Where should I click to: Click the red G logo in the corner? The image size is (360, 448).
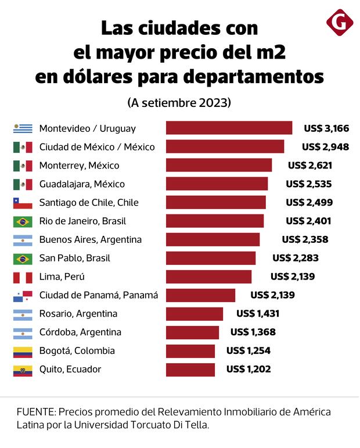pyautogui.click(x=340, y=24)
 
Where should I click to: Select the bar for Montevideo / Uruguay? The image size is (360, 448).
pyautogui.click(x=229, y=128)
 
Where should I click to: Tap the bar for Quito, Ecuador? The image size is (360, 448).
pyautogui.click(x=190, y=369)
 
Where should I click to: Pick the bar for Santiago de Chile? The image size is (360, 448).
pyautogui.click(x=215, y=203)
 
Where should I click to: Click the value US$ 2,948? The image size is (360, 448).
pyautogui.click(x=325, y=146)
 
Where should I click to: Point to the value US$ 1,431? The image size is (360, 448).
pyautogui.click(x=258, y=314)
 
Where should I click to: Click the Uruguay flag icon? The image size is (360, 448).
pyautogui.click(x=23, y=128)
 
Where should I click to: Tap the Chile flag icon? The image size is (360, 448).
pyautogui.click(x=23, y=203)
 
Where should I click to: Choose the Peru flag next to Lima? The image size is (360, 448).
pyautogui.click(x=23, y=277)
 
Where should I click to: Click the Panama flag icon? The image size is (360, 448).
pyautogui.click(x=23, y=295)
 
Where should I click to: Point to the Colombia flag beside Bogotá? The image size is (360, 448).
pyautogui.click(x=23, y=351)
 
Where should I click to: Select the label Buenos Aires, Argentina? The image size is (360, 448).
pyautogui.click(x=91, y=239)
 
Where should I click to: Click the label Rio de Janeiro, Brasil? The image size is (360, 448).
pyautogui.click(x=82, y=221)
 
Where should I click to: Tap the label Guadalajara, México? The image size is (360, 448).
pyautogui.click(x=82, y=184)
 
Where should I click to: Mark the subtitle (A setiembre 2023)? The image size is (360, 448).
pyautogui.click(x=179, y=103)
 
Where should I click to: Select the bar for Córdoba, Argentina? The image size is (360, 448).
pyautogui.click(x=192, y=332)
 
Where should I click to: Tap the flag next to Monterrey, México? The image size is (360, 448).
pyautogui.click(x=23, y=166)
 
